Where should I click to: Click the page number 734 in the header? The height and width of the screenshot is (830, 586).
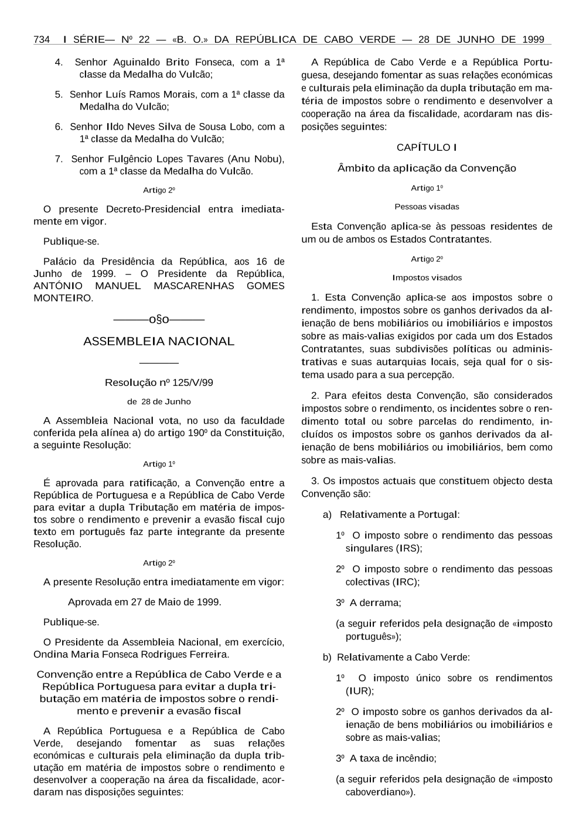42,40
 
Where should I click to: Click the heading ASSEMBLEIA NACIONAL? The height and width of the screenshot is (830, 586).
159,341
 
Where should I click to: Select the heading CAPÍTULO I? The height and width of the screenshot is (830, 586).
427,147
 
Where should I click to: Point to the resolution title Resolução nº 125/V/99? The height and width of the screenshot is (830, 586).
159,383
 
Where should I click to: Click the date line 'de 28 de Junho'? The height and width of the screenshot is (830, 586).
159,402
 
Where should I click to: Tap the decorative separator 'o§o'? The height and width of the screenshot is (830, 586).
159,320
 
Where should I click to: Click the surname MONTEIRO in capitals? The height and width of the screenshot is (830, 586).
63,298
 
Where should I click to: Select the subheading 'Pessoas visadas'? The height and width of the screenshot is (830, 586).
427,207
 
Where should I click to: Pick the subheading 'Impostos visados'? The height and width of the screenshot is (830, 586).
427,278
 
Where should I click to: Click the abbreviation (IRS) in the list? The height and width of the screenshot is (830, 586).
409,548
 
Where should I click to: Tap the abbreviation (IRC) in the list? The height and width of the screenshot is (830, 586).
408,582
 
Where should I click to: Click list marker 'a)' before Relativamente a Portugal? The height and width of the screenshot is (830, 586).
327,515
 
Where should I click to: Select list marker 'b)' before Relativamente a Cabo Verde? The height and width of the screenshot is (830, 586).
327,658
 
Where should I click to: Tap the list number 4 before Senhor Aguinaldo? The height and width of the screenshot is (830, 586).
59,62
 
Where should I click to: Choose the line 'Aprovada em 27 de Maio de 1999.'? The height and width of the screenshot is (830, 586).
145,602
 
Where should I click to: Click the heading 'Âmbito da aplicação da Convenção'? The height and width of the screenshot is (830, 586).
427,168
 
